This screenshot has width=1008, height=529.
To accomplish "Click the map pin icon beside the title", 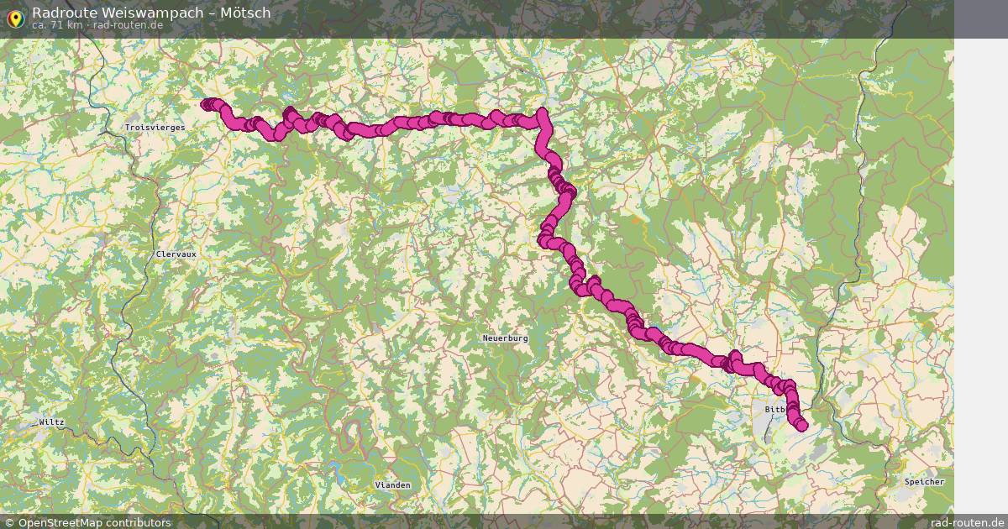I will point(14,18).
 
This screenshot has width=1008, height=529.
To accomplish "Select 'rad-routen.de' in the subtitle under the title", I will point(128,25).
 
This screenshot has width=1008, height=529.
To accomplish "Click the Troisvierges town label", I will point(154,127).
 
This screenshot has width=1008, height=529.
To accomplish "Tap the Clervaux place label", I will point(176,254).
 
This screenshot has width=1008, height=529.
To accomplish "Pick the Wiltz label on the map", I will point(51,422).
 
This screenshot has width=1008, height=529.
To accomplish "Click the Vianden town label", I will point(392,485).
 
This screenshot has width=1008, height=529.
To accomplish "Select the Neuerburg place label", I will point(505,338).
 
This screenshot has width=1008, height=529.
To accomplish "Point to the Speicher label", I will point(924,482).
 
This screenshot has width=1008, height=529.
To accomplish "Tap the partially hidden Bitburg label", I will point(774,410).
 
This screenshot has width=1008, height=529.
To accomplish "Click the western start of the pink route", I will point(207,104).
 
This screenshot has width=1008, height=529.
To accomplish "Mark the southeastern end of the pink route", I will point(801,425).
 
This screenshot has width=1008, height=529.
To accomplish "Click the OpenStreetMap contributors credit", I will point(94,522).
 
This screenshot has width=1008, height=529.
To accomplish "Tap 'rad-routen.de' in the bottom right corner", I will point(967,522).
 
